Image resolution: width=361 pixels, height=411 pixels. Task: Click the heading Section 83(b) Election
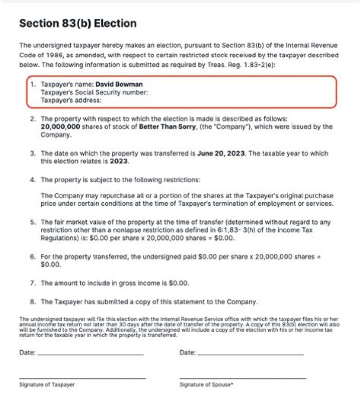[77, 24]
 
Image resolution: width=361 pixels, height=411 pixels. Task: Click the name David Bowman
[119, 84]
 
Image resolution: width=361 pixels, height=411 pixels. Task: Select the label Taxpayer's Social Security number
[94, 92]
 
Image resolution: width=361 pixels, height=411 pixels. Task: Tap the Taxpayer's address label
[71, 100]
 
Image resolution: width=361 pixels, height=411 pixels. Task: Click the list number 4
[32, 180]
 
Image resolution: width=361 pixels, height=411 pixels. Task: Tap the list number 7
[32, 283]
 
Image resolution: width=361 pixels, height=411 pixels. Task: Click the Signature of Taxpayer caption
[47, 384]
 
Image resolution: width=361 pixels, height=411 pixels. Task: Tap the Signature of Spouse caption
[207, 384]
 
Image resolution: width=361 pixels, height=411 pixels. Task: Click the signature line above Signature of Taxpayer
[82, 378]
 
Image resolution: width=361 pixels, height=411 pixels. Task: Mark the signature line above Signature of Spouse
[242, 378]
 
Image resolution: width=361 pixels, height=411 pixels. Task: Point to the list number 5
[32, 222]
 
